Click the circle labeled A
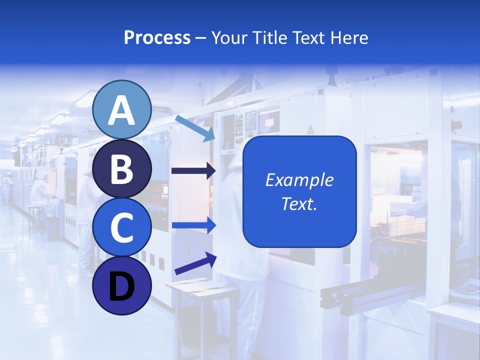click(x=121, y=109)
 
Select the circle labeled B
click(x=121, y=168)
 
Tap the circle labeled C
click(x=121, y=227)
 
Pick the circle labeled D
click(x=121, y=285)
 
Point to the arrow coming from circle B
click(x=193, y=171)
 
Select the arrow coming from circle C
click(x=194, y=225)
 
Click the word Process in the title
click(x=157, y=37)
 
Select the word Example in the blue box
click(x=299, y=180)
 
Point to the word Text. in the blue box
click(x=299, y=203)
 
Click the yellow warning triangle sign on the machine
click(x=310, y=129)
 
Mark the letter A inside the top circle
click(x=121, y=110)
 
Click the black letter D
click(x=121, y=286)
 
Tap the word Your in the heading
click(x=228, y=37)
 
